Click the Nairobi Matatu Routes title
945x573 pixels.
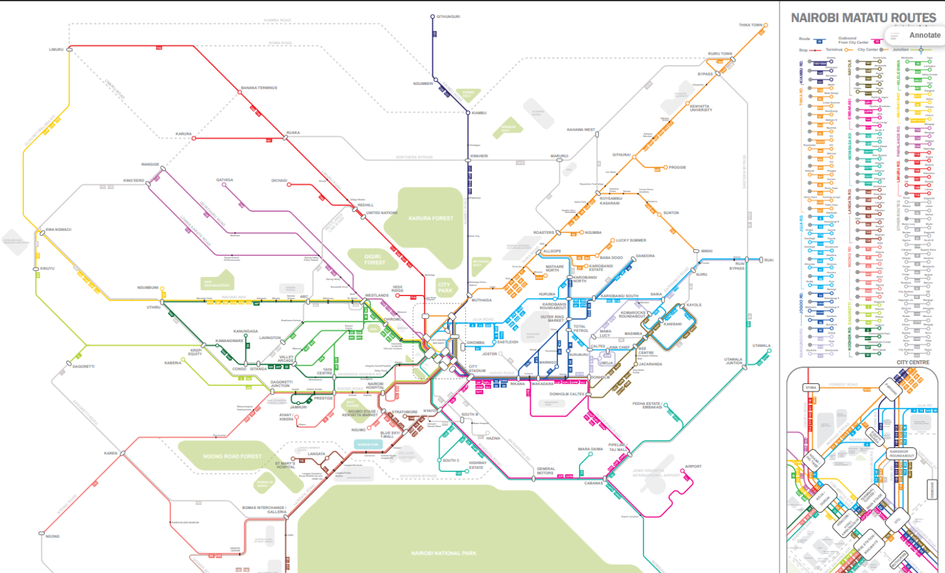click(x=863, y=18)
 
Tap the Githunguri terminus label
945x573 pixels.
click(x=448, y=17)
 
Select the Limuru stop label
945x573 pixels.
click(x=56, y=49)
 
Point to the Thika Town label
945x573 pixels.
click(x=751, y=25)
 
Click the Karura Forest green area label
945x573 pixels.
click(x=431, y=218)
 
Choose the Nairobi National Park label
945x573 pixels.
click(x=444, y=553)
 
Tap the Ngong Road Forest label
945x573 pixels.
click(x=232, y=457)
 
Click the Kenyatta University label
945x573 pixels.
click(x=701, y=108)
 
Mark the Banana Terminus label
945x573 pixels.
click(x=259, y=88)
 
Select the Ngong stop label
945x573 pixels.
click(x=52, y=537)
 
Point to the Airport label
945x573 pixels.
click(x=693, y=467)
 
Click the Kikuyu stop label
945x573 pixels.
click(x=47, y=268)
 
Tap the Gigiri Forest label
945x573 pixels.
click(x=374, y=260)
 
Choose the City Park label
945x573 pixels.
click(x=445, y=287)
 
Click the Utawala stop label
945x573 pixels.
click(x=761, y=346)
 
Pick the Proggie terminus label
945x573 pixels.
click(x=677, y=167)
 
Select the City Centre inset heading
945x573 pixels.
click(x=912, y=363)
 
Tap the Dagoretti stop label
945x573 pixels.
click(x=84, y=366)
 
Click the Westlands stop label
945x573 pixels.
click(x=377, y=295)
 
